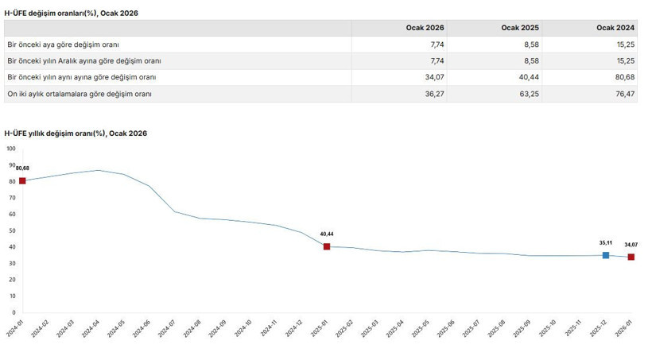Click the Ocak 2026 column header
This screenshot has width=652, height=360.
425,28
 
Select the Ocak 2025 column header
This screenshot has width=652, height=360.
520,28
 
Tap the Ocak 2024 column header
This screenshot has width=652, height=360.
615,28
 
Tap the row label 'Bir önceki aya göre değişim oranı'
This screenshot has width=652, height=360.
63,45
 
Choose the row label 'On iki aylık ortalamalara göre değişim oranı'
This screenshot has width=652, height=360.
79,94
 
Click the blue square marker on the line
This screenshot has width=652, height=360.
606,255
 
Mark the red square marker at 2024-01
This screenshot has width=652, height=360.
22,181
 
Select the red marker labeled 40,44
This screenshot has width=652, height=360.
327,246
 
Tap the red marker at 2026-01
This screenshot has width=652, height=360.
631,257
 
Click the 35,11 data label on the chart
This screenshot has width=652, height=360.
606,242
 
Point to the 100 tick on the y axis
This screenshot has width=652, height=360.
10,149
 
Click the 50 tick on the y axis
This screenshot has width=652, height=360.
12,230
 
